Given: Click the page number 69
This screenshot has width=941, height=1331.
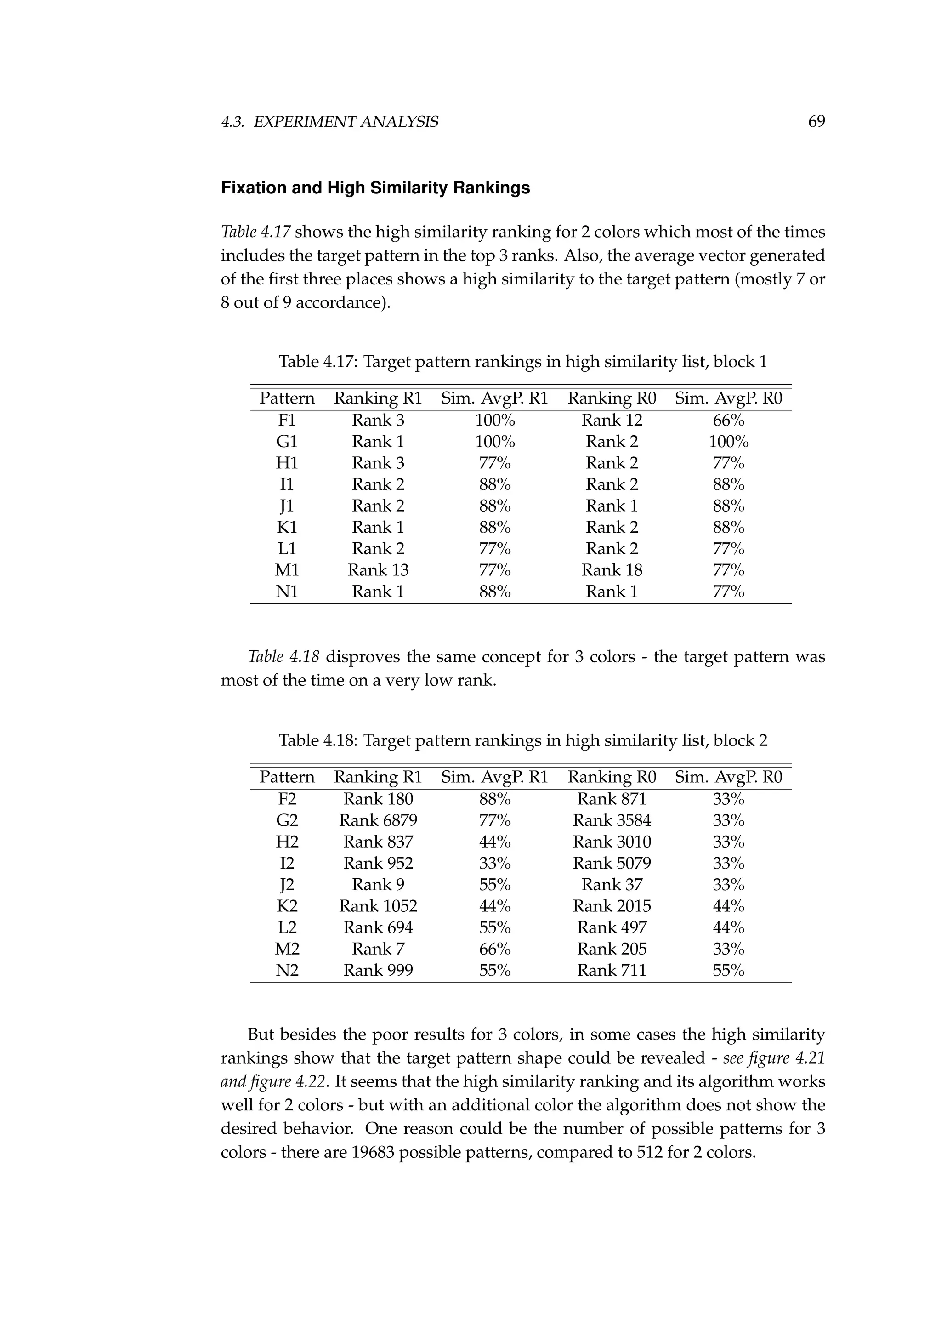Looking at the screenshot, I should [x=816, y=122].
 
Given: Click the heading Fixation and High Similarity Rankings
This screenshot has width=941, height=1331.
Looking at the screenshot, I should [x=375, y=188].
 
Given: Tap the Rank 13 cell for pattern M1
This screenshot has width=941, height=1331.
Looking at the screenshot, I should [x=378, y=570].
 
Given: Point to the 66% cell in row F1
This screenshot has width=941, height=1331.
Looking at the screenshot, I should [x=728, y=420].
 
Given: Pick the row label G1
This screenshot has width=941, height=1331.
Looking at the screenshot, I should [x=287, y=442].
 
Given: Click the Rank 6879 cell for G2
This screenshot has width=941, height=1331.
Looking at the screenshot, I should [x=378, y=820].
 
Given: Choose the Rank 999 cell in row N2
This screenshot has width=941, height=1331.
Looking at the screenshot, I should [x=378, y=970].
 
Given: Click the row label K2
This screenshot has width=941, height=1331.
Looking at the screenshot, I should [x=287, y=906].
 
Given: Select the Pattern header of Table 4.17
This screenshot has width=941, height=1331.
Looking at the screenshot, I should [x=287, y=398].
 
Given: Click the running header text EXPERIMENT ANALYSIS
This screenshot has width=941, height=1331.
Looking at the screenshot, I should [x=346, y=122].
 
